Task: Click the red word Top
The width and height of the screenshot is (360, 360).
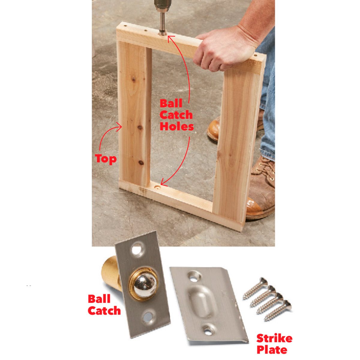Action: (x=106, y=158)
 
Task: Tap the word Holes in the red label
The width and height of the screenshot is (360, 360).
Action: (x=176, y=126)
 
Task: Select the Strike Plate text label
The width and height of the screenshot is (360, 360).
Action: (x=274, y=344)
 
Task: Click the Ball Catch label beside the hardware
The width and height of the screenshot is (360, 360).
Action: (x=104, y=305)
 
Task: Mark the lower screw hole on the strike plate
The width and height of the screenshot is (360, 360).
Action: (x=208, y=329)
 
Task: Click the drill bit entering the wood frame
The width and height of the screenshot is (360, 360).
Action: (x=163, y=24)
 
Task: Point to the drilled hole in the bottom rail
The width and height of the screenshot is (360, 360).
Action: (x=156, y=187)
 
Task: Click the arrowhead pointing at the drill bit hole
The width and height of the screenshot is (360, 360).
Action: (x=170, y=38)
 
